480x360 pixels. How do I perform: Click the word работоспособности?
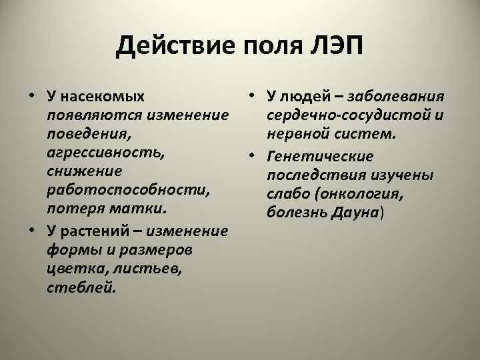(128, 191)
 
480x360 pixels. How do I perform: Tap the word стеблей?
(81, 288)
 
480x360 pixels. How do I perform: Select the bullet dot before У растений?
(32, 231)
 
